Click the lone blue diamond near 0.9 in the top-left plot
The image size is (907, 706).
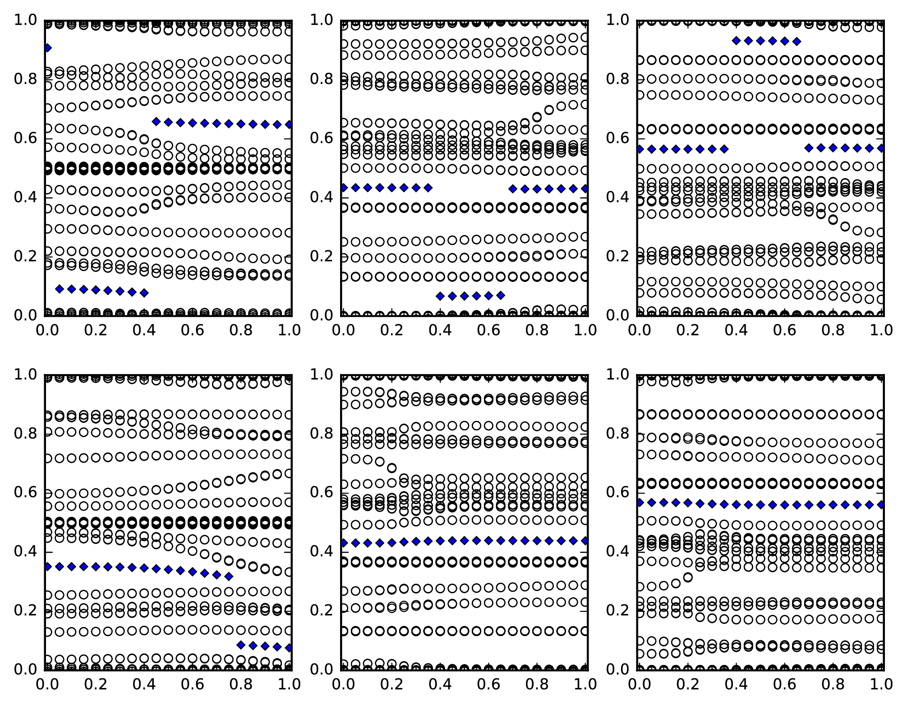point(47,48)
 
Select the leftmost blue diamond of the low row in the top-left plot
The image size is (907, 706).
point(59,289)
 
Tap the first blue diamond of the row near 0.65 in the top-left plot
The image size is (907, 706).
point(156,121)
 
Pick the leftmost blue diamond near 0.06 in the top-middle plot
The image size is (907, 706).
point(440,296)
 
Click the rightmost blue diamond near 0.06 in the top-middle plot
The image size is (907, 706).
point(501,295)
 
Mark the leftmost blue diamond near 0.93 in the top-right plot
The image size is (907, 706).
point(736,41)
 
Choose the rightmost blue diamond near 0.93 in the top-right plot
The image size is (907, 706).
point(797,42)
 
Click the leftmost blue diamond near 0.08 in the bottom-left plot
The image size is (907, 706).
point(241,645)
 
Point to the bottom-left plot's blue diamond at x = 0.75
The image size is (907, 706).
point(229,576)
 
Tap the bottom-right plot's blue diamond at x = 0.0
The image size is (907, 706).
point(639,502)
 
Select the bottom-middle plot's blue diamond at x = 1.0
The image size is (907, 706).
point(585,540)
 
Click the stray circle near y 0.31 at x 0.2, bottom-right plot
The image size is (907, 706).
point(688,577)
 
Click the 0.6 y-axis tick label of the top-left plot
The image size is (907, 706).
point(26,138)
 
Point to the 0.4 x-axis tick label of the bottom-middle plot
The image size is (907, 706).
point(440,684)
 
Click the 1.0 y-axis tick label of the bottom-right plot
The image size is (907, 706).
point(618,374)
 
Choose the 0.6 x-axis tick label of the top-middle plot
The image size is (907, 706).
point(489,330)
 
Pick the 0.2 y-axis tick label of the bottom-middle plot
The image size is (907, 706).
point(322,610)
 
